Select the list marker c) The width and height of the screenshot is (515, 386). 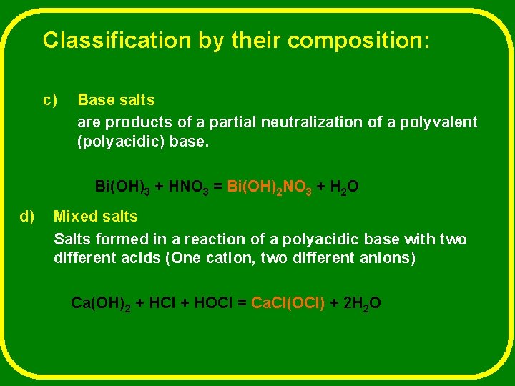click(50, 100)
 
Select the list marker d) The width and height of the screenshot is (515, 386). click(28, 216)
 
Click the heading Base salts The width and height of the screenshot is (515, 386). click(116, 100)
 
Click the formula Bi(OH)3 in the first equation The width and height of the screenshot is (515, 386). click(122, 188)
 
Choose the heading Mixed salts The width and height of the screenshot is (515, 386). click(96, 216)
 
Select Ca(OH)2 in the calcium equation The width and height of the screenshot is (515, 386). click(100, 304)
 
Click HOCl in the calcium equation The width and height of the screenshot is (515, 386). click(214, 303)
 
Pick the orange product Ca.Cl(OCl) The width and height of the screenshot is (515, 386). click(287, 303)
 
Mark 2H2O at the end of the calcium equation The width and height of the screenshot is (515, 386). click(362, 304)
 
